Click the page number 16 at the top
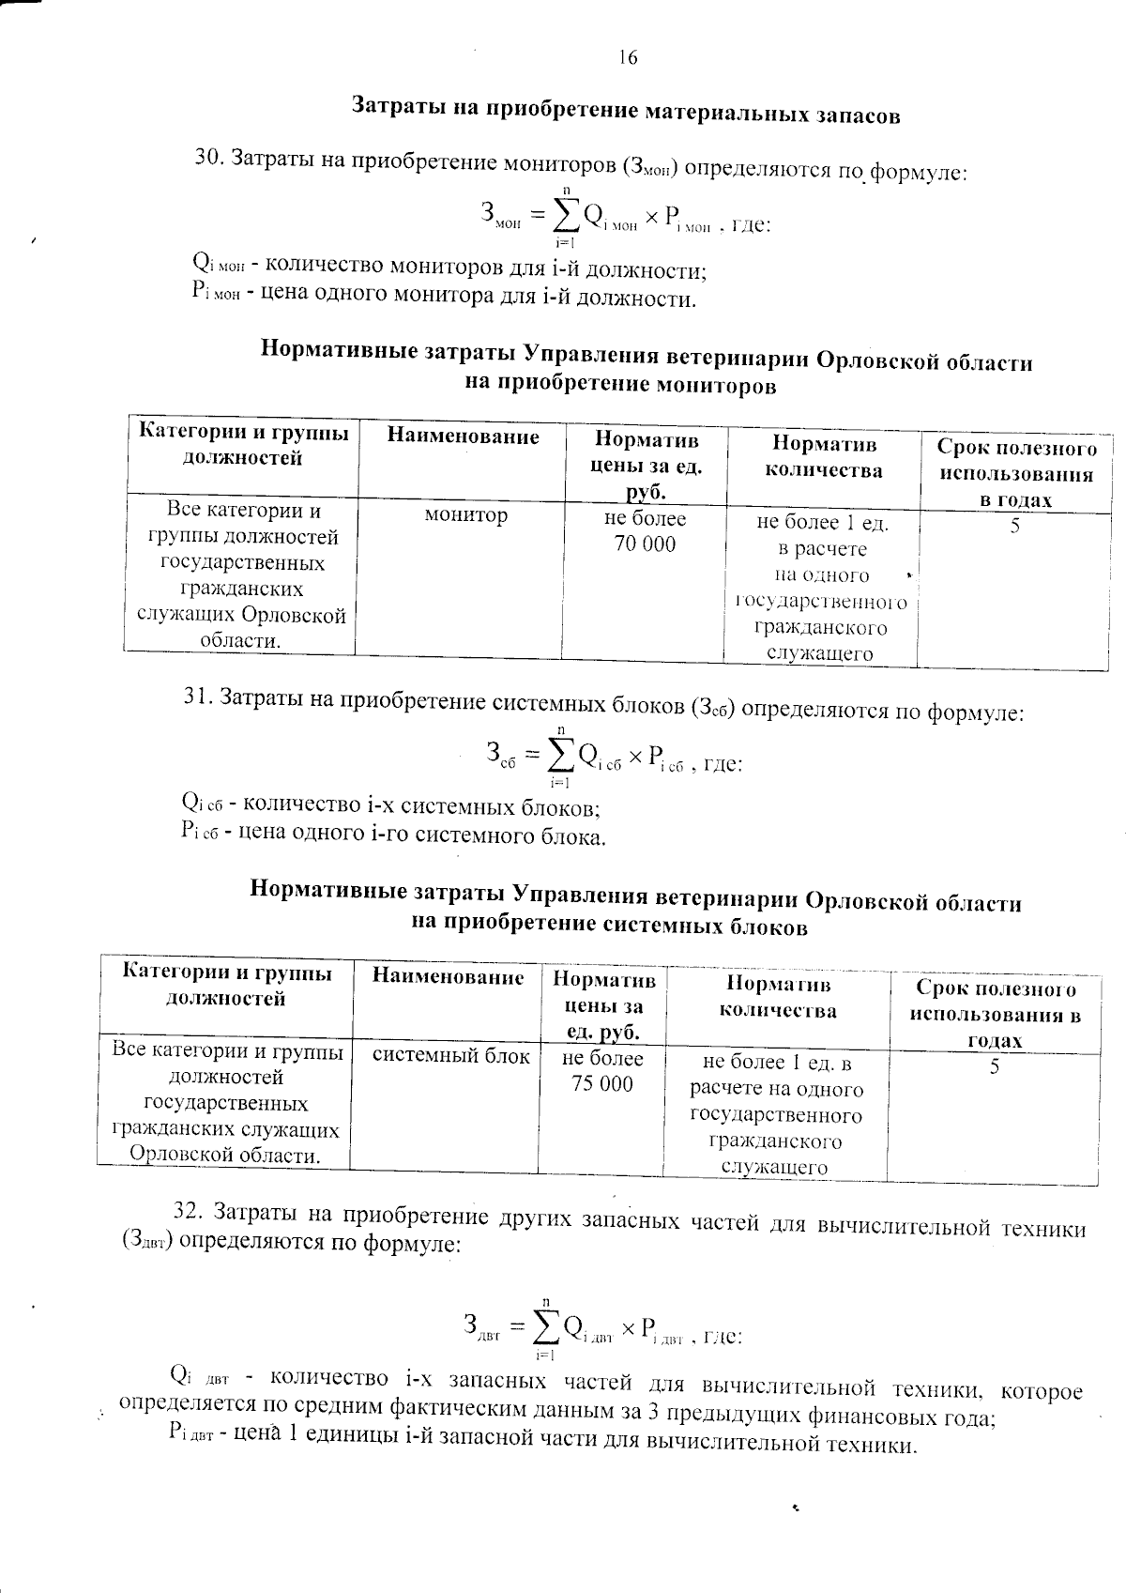pos(628,57)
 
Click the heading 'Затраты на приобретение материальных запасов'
pos(626,111)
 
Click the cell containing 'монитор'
pos(466,515)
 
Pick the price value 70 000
pos(645,544)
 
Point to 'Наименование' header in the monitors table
pos(463,437)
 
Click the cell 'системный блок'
pos(451,1055)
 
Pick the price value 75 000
pos(602,1084)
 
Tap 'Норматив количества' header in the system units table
pos(778,997)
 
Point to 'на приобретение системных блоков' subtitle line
pos(610,926)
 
